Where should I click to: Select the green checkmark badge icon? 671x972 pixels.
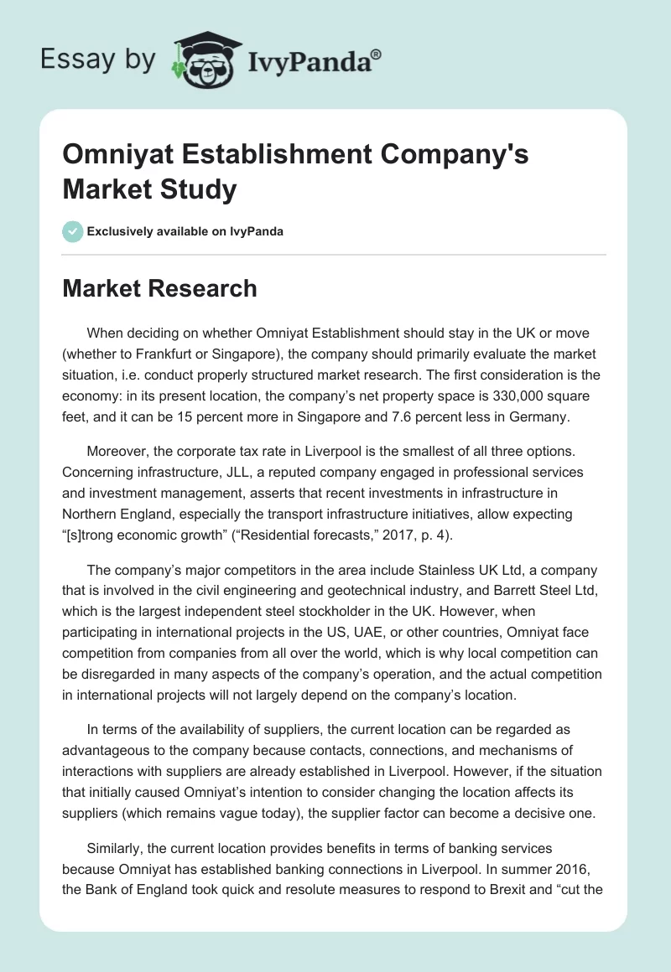pos(73,231)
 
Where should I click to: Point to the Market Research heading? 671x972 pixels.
pos(159,288)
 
